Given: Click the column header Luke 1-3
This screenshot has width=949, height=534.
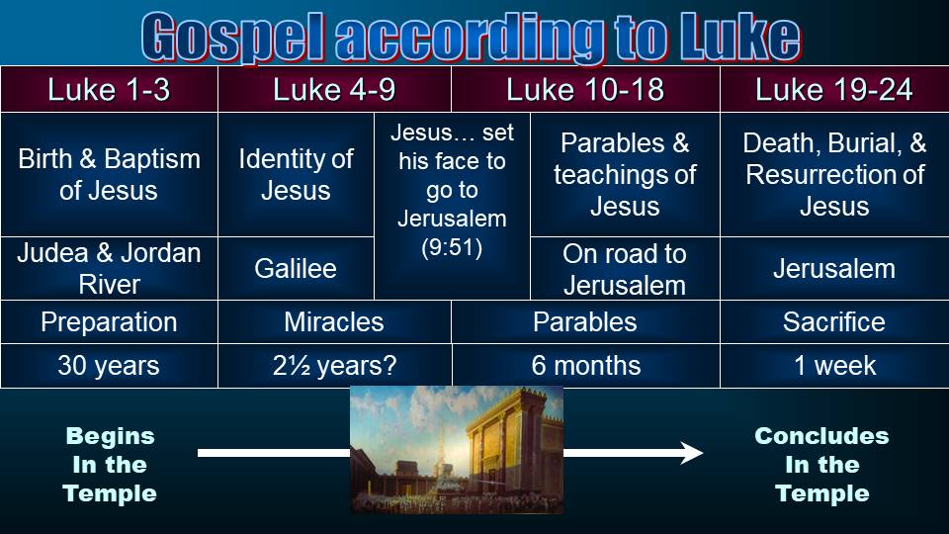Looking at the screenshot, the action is [x=109, y=90].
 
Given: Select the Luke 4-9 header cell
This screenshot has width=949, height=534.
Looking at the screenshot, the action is [x=335, y=90].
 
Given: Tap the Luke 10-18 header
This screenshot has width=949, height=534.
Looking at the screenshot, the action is [x=585, y=90].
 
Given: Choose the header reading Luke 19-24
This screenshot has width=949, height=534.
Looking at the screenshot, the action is [x=834, y=90].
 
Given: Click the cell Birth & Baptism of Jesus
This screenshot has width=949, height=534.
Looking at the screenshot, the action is [x=109, y=174].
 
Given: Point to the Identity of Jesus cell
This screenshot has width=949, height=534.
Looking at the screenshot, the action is [x=296, y=174].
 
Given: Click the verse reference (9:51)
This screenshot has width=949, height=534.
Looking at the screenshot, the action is [x=452, y=247].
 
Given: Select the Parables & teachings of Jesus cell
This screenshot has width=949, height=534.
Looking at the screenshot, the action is [x=625, y=174].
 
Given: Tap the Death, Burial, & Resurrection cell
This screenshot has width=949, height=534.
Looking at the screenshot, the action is [x=834, y=174].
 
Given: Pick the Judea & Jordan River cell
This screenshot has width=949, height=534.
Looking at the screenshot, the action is [x=109, y=268].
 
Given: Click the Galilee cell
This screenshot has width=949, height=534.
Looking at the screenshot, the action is [x=296, y=268].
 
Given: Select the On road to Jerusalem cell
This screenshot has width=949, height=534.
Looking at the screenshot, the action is [x=625, y=268].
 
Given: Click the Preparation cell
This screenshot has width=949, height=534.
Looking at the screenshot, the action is [x=109, y=322].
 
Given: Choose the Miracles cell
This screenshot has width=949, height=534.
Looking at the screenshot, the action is [x=335, y=322].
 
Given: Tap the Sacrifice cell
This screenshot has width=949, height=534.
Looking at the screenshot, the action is [x=834, y=322].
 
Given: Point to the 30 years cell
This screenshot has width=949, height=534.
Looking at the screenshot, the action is [x=109, y=366].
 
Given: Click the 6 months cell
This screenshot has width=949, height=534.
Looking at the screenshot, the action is [x=585, y=366].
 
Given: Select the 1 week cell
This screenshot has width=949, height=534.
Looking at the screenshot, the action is [x=834, y=366].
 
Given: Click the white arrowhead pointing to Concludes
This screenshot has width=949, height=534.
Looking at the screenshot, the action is [x=692, y=453].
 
